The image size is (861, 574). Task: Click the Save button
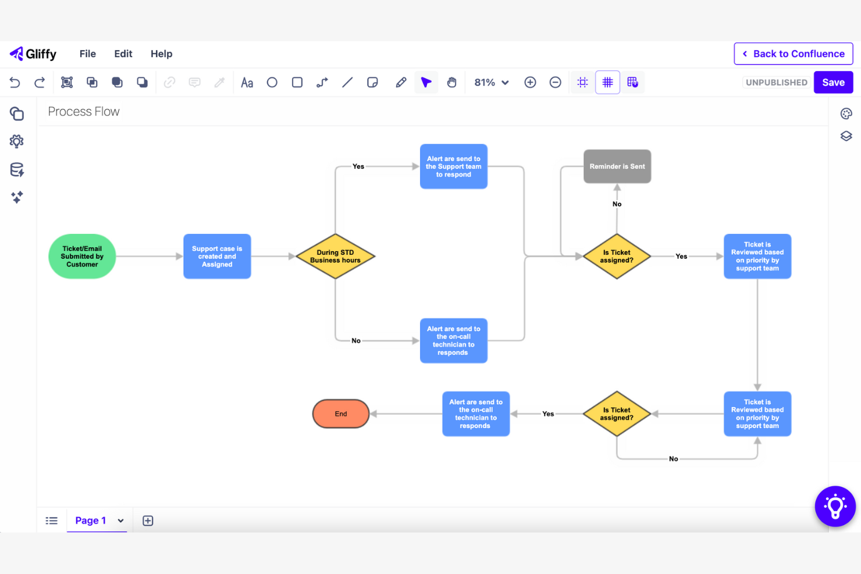pos(833,83)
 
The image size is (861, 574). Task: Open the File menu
pos(88,54)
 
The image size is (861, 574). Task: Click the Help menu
pos(161,54)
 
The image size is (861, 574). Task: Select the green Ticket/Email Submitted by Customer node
pos(82,256)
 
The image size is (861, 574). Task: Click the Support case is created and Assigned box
pos(217,256)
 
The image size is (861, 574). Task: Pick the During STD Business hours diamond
pos(335,256)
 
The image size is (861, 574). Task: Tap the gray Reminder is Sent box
pos(617,166)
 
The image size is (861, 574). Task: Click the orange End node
pos(341,414)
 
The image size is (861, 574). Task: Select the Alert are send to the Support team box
pos(454,166)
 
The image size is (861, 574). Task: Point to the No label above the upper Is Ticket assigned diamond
pos(617,204)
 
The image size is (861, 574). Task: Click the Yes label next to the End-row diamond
pos(548,414)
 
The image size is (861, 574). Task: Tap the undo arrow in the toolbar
pos(15,83)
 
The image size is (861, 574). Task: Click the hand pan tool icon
pos(451,83)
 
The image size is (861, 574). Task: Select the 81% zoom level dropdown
pos(492,83)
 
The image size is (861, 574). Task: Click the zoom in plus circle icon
pos(530,83)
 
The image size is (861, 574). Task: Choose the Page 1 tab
pos(91,520)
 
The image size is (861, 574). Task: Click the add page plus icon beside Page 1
pos(148,520)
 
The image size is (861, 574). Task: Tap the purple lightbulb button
pos(835,507)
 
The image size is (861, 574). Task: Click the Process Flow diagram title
pos(84,112)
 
